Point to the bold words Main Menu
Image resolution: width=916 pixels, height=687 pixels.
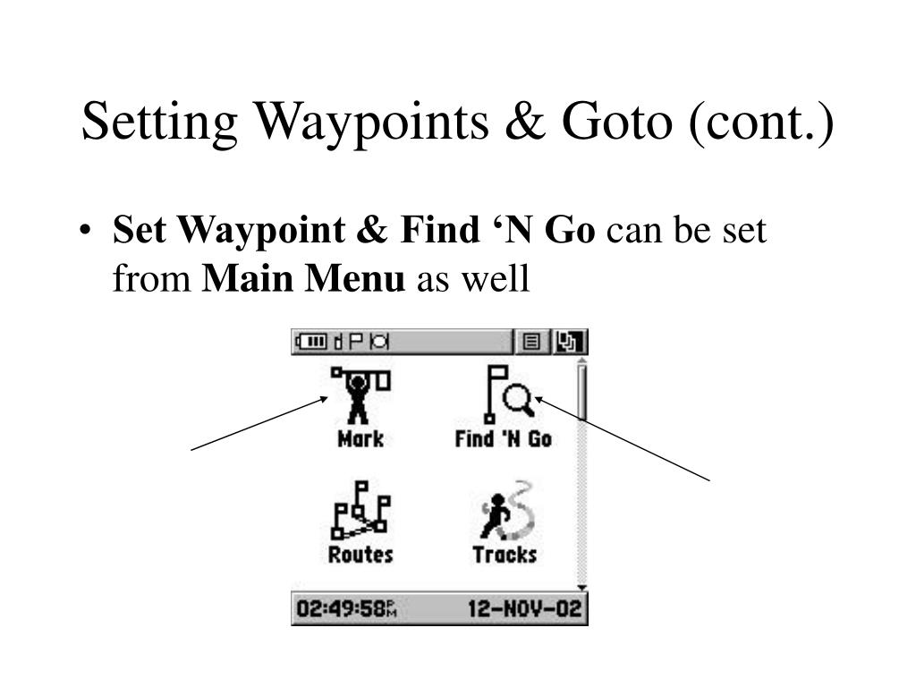[x=304, y=279]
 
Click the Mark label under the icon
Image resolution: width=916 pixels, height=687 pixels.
[x=360, y=438]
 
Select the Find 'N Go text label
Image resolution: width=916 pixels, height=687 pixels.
[x=503, y=438]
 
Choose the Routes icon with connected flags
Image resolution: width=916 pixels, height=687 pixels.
[x=360, y=510]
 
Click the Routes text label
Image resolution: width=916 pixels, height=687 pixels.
[x=360, y=555]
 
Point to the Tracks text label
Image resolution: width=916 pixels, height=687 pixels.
[x=505, y=555]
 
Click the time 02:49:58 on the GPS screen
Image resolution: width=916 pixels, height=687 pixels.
[x=345, y=610]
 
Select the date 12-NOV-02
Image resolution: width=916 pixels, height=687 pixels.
[x=524, y=610]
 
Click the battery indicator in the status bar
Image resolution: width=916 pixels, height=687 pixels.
[x=312, y=341]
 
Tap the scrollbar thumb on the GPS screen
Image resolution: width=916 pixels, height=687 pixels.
[x=581, y=390]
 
